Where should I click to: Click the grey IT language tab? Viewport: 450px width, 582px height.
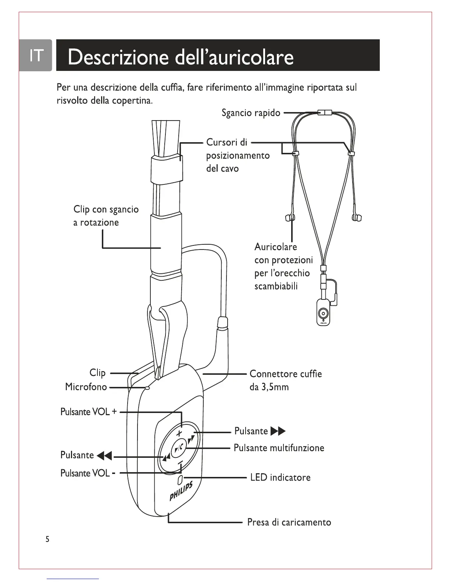coord(36,55)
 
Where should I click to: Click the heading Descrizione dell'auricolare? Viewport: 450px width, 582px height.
coord(181,57)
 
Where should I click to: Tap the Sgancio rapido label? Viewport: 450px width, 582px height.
coord(251,113)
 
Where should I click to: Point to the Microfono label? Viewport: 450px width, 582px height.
coord(86,387)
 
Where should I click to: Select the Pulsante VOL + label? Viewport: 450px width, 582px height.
coord(89,412)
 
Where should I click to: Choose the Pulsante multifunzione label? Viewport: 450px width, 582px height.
coord(279,448)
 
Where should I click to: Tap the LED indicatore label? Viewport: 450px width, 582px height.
coord(280,478)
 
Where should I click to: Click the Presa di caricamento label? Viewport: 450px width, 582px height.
coord(289,522)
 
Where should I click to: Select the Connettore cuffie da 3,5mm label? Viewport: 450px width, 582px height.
coord(285,380)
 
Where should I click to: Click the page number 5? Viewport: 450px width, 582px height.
coord(47,539)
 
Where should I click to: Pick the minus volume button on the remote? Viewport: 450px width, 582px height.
coord(180,463)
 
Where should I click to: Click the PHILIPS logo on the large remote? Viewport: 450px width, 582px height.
coord(181,491)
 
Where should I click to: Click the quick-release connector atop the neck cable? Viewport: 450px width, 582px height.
coord(324,112)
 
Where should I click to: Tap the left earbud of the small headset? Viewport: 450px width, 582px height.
coord(290,218)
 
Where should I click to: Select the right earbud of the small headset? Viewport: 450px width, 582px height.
coord(356,218)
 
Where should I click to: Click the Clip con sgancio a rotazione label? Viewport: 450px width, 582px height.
coord(106,216)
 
